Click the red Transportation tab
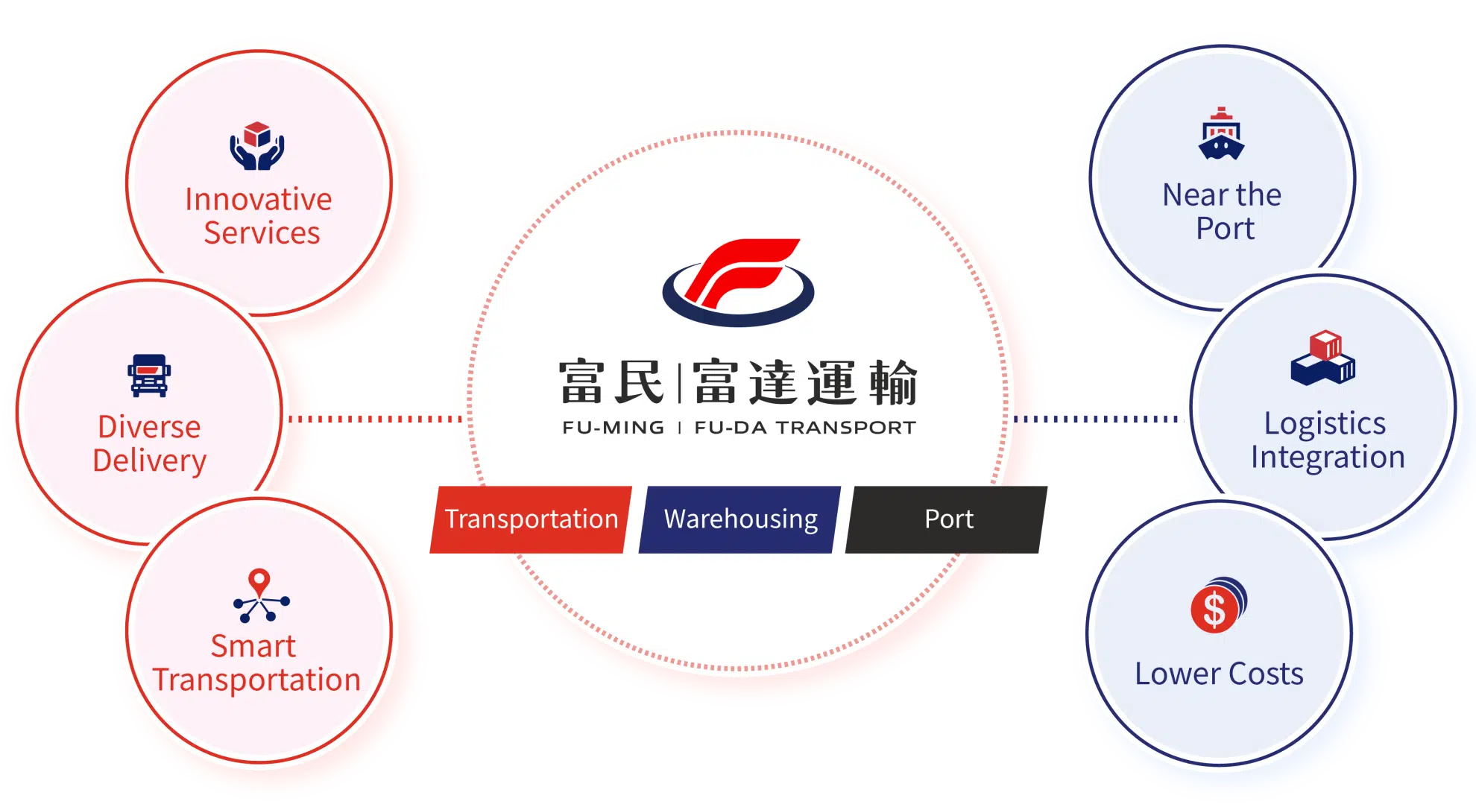click(x=531, y=519)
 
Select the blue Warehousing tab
click(x=740, y=519)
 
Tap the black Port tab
click(x=948, y=519)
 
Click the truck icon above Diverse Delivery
click(x=149, y=375)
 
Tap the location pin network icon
click(x=260, y=595)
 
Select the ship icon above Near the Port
click(x=1221, y=134)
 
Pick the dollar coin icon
click(x=1218, y=605)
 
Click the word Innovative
click(x=258, y=200)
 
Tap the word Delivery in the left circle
click(x=149, y=461)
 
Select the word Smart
click(x=253, y=646)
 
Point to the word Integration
click(x=1328, y=457)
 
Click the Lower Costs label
click(x=1219, y=674)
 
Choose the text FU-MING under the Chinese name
click(x=613, y=428)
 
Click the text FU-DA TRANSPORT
click(x=805, y=428)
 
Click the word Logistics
click(x=1325, y=423)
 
